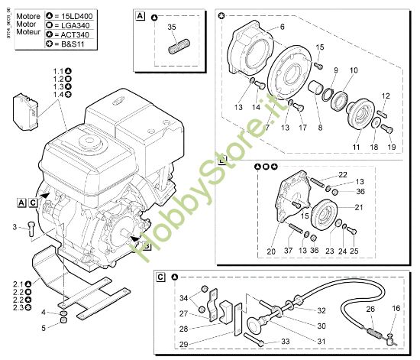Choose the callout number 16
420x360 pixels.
[x=395, y=308]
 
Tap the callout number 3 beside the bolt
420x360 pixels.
[x=14, y=226]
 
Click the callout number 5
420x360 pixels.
[x=44, y=327]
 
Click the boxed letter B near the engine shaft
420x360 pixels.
[x=146, y=246]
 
